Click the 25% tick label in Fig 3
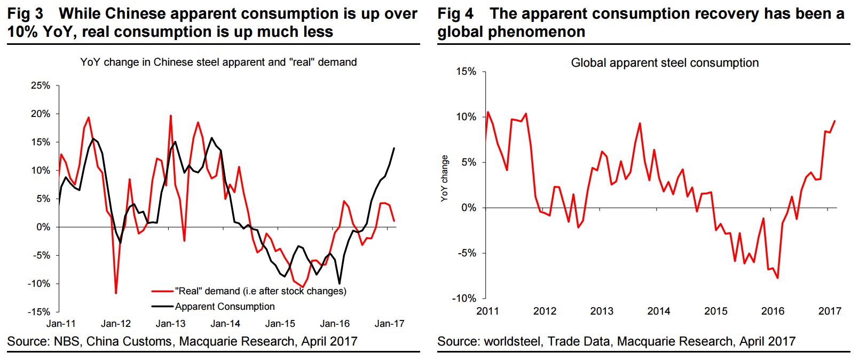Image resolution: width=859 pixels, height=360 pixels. click(x=41, y=85)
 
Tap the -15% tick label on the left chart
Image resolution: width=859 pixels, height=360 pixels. click(x=39, y=311)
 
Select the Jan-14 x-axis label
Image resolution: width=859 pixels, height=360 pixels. click(x=225, y=324)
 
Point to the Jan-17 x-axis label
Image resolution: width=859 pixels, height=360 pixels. click(x=389, y=324)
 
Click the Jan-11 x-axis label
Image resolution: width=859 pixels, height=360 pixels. click(x=61, y=324)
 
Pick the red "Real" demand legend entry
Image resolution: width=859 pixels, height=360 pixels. click(x=260, y=291)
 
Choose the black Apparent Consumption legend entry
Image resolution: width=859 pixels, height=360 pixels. click(x=225, y=307)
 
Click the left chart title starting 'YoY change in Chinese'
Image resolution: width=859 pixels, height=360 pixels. click(x=218, y=62)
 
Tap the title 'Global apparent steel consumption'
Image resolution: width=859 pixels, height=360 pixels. click(x=665, y=63)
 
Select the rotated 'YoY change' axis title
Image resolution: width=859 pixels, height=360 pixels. click(x=444, y=178)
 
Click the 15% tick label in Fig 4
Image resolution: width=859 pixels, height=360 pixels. click(x=466, y=72)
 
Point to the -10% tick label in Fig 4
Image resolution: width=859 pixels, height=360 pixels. click(x=464, y=298)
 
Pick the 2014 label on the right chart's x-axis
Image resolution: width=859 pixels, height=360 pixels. click(x=658, y=311)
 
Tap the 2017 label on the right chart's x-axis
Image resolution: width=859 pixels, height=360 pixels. click(x=830, y=311)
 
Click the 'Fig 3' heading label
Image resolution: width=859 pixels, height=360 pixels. click(x=25, y=13)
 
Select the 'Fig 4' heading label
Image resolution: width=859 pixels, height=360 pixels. click(x=455, y=13)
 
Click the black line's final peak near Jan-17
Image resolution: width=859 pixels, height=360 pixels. click(x=394, y=148)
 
